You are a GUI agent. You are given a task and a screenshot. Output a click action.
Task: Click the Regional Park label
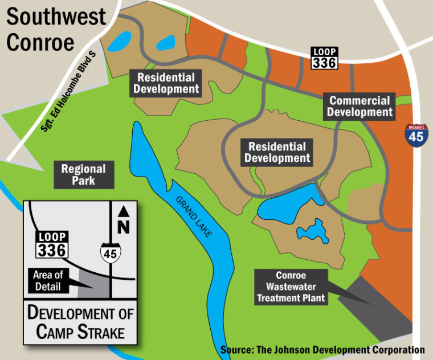84,175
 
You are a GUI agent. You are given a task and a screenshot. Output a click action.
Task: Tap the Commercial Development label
360,107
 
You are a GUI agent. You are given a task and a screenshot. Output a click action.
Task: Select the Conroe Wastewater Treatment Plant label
291,286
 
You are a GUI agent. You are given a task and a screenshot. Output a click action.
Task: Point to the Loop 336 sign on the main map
324,58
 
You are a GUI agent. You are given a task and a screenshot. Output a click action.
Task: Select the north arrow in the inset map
122,211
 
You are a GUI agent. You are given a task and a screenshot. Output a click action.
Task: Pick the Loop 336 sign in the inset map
52,244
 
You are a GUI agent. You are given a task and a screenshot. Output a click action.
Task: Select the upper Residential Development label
166,83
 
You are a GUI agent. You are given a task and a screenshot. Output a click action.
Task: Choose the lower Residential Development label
276,153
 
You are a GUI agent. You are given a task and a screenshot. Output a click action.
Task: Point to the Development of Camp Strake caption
80,322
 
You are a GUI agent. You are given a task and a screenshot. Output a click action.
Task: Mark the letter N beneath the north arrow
122,227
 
